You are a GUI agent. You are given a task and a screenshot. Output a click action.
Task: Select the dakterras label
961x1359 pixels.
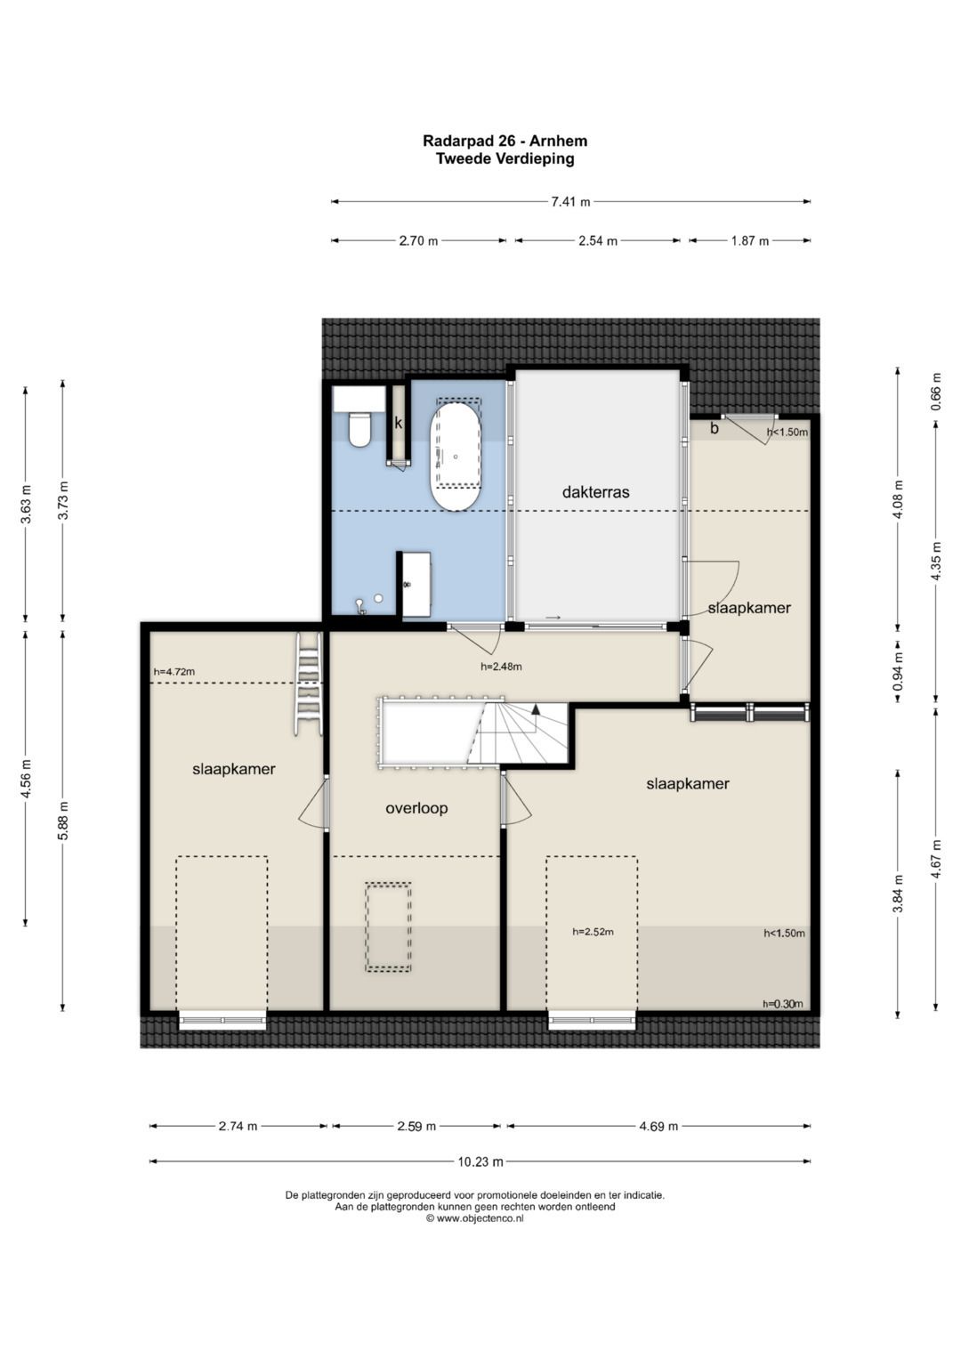pyautogui.click(x=595, y=492)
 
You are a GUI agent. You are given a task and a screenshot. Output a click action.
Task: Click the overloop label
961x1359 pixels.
pyautogui.click(x=416, y=808)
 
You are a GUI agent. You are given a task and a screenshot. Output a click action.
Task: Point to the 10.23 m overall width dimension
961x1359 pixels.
pyautogui.click(x=480, y=1161)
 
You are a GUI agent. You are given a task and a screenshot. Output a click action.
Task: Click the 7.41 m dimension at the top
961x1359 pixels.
pyautogui.click(x=570, y=202)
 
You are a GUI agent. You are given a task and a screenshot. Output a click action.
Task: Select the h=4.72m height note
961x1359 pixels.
pyautogui.click(x=174, y=672)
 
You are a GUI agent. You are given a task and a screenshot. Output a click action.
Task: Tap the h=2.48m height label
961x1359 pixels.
pyautogui.click(x=501, y=667)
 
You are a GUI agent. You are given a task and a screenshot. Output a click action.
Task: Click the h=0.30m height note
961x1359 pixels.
pyautogui.click(x=783, y=1004)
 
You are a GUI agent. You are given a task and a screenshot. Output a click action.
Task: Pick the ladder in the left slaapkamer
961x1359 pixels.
pyautogui.click(x=309, y=684)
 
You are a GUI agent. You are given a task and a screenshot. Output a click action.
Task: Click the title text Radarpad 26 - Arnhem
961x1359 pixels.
pyautogui.click(x=505, y=141)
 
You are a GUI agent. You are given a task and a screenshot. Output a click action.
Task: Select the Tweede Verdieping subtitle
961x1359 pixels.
pyautogui.click(x=505, y=159)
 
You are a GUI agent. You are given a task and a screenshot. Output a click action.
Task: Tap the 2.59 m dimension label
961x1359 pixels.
pyautogui.click(x=416, y=1127)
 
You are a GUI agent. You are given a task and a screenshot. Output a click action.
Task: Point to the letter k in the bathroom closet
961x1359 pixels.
pyautogui.click(x=398, y=423)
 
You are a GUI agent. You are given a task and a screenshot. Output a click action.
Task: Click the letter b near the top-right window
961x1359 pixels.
pyautogui.click(x=715, y=428)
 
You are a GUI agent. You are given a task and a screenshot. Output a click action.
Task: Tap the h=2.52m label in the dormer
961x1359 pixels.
pyautogui.click(x=593, y=931)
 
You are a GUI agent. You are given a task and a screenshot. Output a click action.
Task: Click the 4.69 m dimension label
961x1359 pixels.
pyautogui.click(x=658, y=1127)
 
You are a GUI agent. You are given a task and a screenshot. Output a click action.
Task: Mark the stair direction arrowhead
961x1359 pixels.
pyautogui.click(x=536, y=708)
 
